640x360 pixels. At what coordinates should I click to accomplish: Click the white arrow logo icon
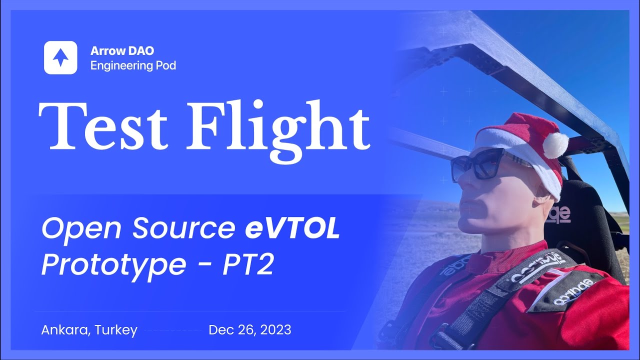[x=60, y=57]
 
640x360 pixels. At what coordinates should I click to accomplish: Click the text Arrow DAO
[x=122, y=50]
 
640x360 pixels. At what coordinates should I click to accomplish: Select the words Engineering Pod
[x=133, y=65]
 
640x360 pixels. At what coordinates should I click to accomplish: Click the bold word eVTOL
[x=292, y=229]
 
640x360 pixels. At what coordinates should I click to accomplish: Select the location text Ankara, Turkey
[x=89, y=330]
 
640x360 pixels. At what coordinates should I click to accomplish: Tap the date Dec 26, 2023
[x=249, y=330]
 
